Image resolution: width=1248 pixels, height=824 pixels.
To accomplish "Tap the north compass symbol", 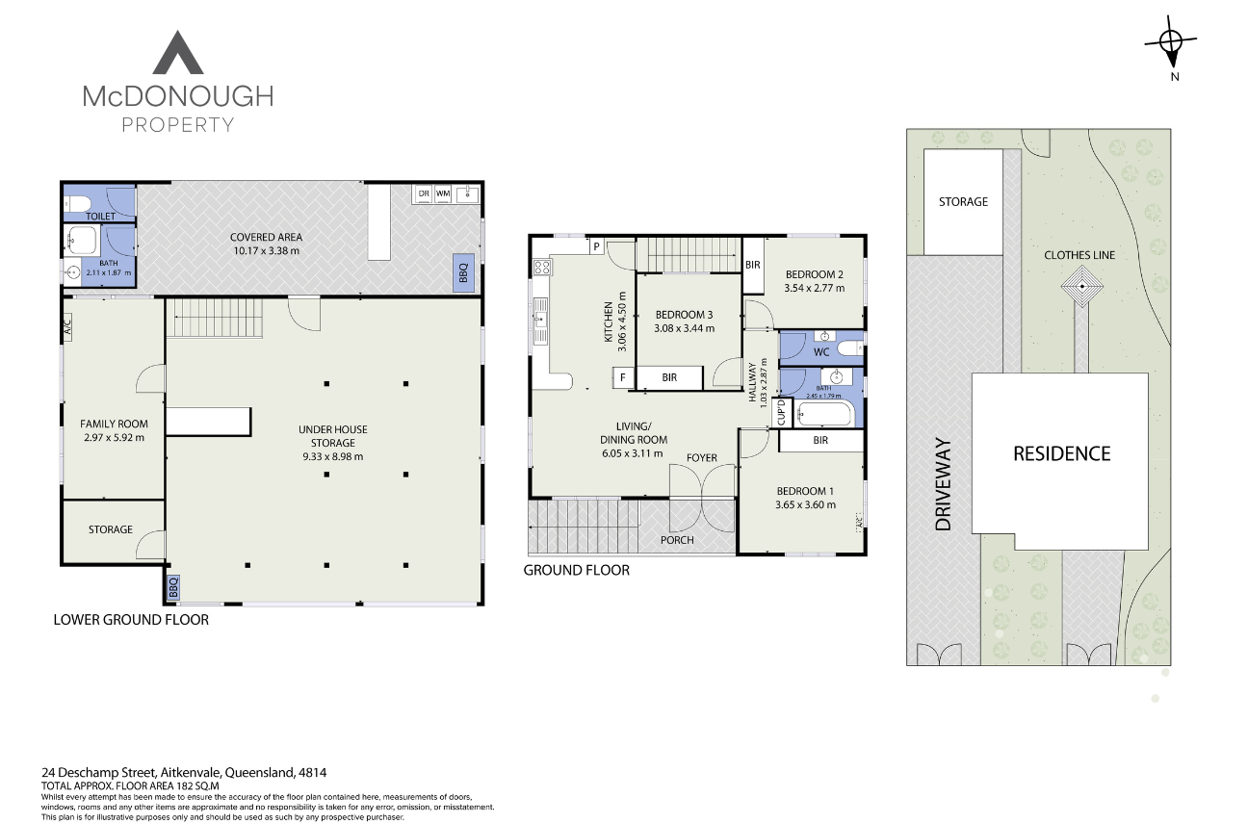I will (x=1171, y=41).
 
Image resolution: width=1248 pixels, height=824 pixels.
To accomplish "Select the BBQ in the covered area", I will (x=462, y=272).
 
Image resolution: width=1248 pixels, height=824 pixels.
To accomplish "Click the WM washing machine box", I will (x=443, y=193).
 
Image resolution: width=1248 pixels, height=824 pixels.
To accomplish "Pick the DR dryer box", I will (x=423, y=193).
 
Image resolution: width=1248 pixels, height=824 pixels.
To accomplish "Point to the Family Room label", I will (x=113, y=424).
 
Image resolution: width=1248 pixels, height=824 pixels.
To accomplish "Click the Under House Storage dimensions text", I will (x=331, y=457).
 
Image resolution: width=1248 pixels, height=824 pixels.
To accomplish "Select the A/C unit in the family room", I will (x=66, y=327).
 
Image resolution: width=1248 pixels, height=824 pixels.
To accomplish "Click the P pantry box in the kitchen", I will (x=597, y=246).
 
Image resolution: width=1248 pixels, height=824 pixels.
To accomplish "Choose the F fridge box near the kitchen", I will (x=623, y=378).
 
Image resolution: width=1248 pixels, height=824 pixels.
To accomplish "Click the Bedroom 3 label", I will (x=684, y=315).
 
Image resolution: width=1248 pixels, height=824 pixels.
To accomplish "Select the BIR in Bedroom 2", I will (x=753, y=264).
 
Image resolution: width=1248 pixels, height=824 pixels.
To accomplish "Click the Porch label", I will (x=677, y=540).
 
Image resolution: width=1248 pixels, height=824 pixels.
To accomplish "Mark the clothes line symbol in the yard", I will (x=1082, y=287).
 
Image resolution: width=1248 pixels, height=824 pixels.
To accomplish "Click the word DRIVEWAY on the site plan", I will (x=943, y=485).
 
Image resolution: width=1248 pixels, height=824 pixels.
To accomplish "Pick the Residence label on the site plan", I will (x=1061, y=453).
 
